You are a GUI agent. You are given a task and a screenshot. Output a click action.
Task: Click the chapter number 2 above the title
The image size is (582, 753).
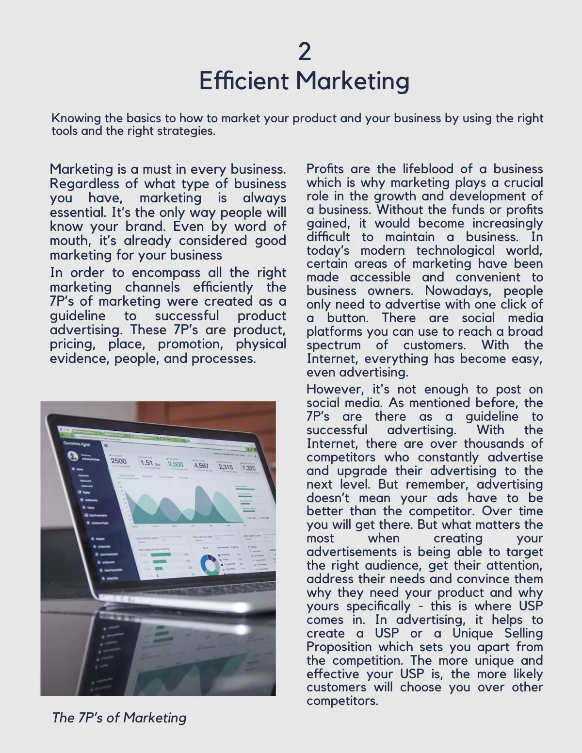pyautogui.click(x=304, y=51)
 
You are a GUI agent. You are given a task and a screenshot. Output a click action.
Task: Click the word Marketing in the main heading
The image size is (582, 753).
pyautogui.click(x=353, y=81)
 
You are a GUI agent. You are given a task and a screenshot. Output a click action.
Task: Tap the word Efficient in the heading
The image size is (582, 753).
pyautogui.click(x=243, y=81)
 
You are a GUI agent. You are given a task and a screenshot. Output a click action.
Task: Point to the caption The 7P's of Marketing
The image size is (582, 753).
pyautogui.click(x=119, y=718)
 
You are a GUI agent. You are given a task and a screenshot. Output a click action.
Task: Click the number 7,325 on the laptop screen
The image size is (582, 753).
pyautogui.click(x=248, y=468)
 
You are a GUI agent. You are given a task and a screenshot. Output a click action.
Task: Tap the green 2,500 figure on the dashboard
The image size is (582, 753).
pyautogui.click(x=176, y=464)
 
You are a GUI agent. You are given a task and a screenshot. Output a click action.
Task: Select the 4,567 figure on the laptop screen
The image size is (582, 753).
pyautogui.click(x=201, y=466)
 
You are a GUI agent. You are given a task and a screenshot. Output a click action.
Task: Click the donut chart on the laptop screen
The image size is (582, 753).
pyautogui.click(x=210, y=565)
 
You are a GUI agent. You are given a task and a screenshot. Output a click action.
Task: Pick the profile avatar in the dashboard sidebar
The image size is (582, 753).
pyautogui.click(x=73, y=456)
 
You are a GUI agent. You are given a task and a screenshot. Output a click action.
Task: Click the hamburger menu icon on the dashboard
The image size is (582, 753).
pyautogui.click(x=106, y=445)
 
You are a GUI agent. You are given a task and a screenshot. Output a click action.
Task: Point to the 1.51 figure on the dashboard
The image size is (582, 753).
pyautogui.click(x=146, y=462)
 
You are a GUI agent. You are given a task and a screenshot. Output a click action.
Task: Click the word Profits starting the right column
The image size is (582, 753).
pyautogui.click(x=325, y=169)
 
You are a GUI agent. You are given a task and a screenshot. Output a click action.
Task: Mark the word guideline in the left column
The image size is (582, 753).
pyautogui.click(x=77, y=316)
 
